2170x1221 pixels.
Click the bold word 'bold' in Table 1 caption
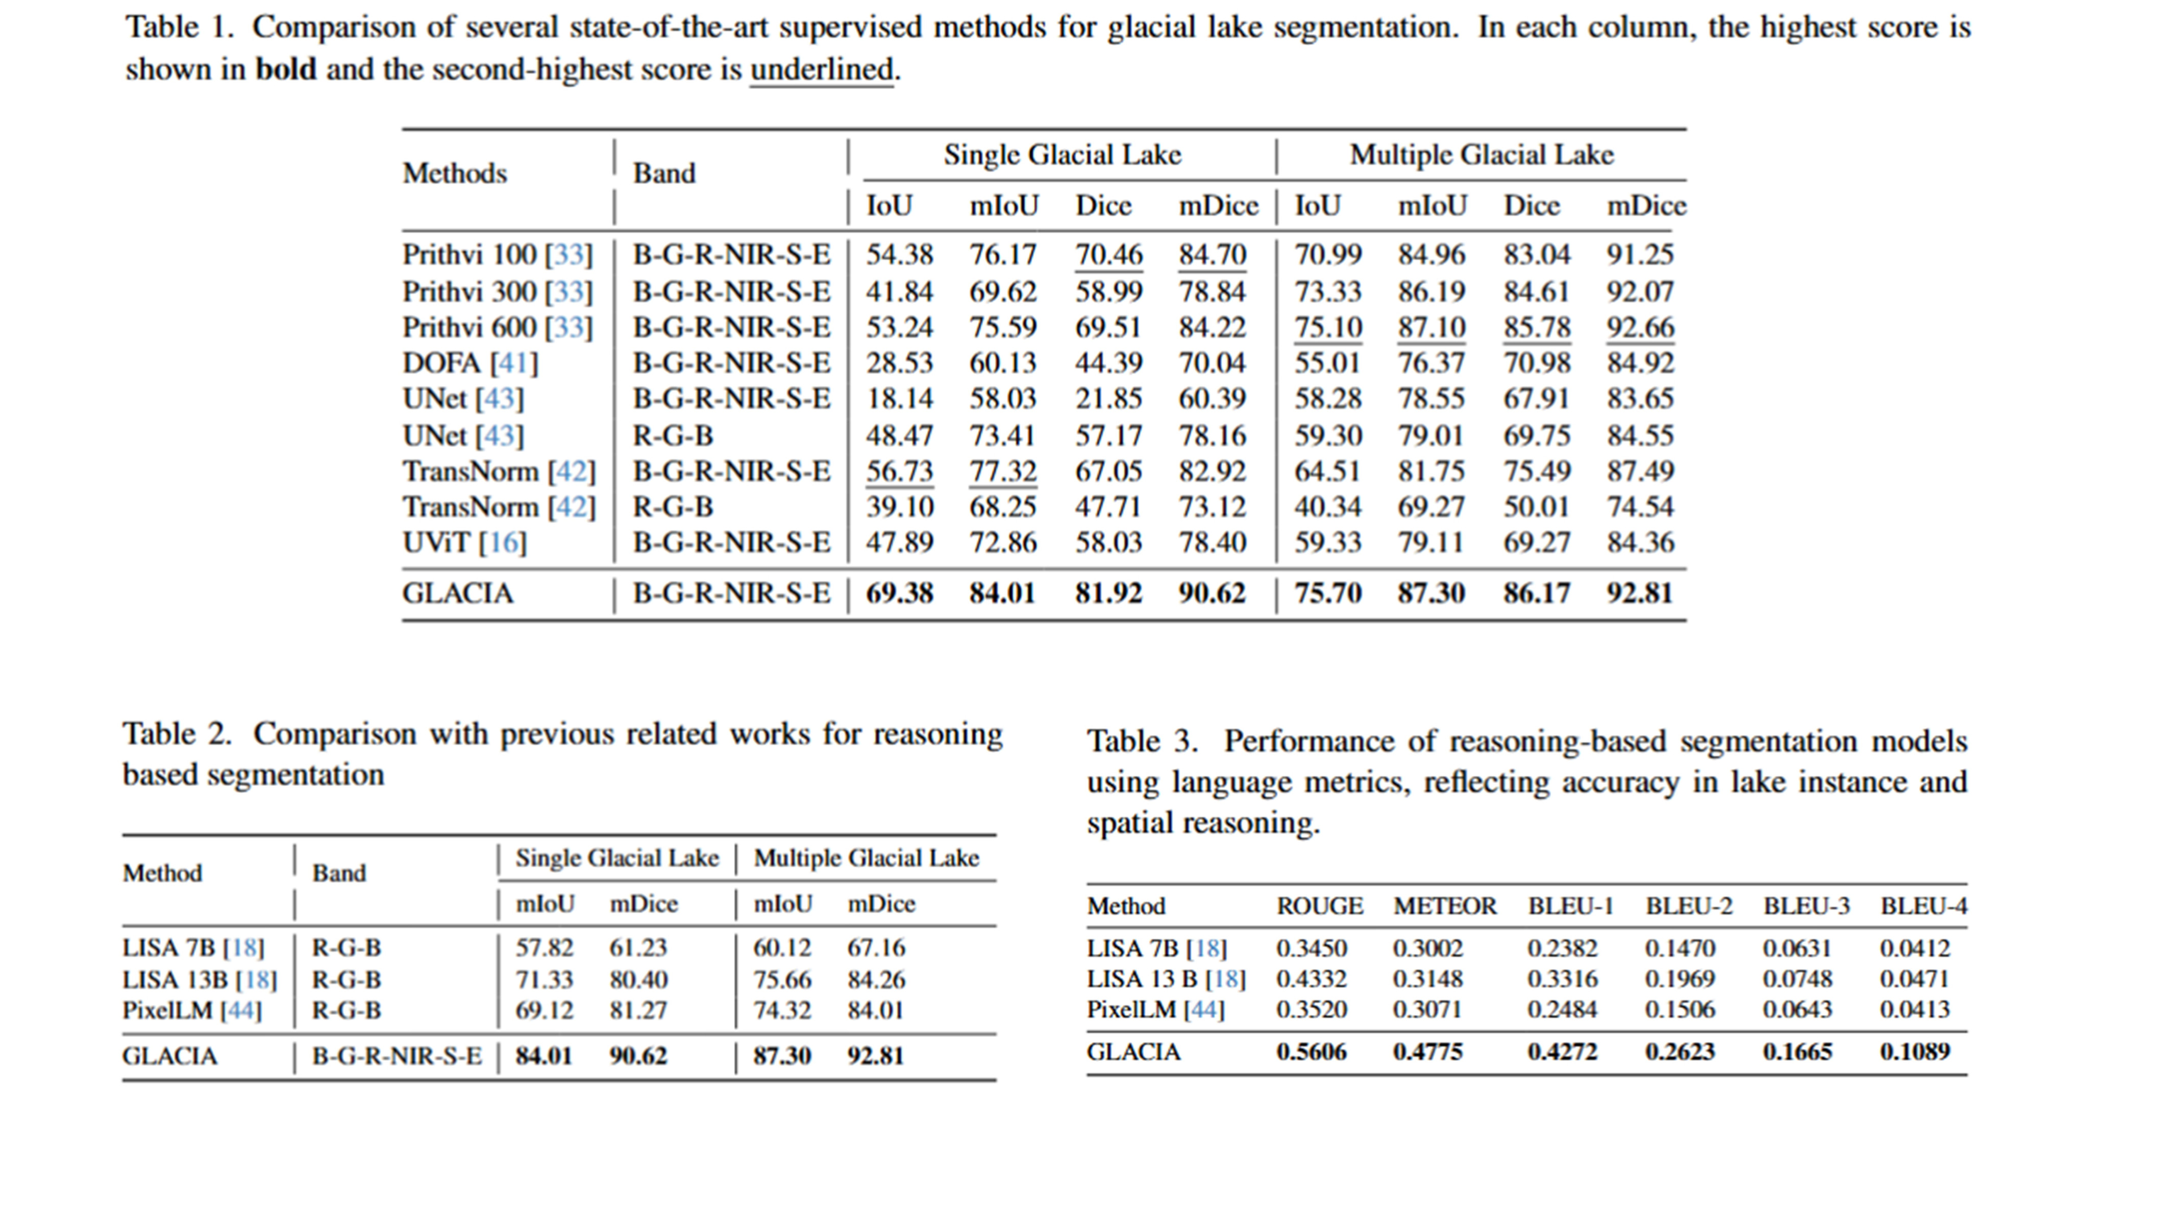coord(286,69)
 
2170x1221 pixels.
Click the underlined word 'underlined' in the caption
coord(821,69)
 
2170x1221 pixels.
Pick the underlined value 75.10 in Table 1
coord(1327,327)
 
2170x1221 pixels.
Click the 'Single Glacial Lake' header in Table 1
coord(1062,155)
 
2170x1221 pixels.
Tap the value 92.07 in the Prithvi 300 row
coord(1639,291)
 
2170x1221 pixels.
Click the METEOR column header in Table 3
coord(1445,906)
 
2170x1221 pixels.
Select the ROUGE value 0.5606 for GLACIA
coord(1311,1052)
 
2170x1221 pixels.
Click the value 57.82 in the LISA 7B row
coord(544,948)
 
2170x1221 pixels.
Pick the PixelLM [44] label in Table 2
coord(192,1010)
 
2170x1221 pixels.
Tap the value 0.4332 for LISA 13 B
coord(1311,979)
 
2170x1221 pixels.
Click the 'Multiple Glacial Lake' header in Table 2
coord(866,858)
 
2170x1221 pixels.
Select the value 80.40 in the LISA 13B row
coord(638,980)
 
